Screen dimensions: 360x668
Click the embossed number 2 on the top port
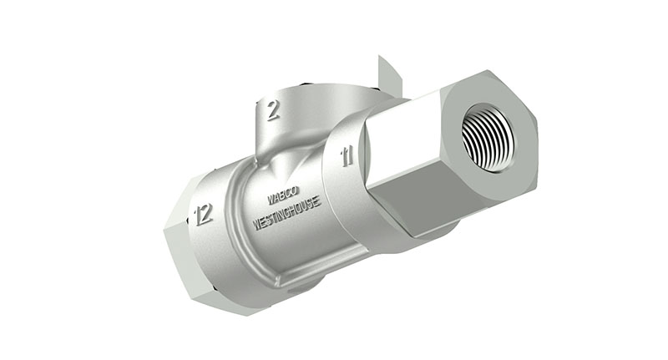coord(272,110)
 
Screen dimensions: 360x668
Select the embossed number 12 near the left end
coord(203,215)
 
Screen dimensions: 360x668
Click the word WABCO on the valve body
coord(284,197)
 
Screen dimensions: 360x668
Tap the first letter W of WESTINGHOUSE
coord(256,225)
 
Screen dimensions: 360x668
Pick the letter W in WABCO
coord(271,200)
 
